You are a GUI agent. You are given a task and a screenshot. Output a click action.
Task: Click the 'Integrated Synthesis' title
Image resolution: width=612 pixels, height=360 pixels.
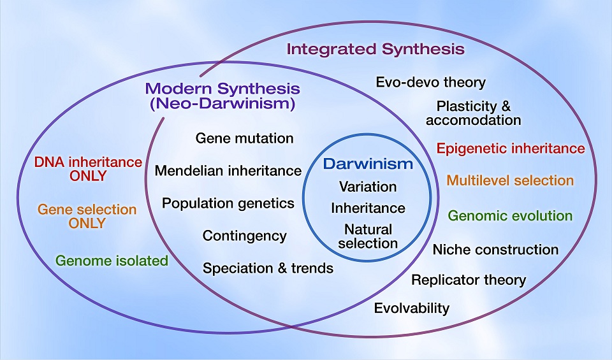click(x=375, y=49)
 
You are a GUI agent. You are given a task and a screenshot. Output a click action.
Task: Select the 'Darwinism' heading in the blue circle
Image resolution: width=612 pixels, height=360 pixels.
click(x=368, y=164)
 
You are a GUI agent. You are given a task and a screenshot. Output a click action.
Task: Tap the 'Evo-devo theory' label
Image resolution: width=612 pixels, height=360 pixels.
click(x=431, y=82)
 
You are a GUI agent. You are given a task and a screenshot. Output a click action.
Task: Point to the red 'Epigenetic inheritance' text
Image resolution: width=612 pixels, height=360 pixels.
click(x=511, y=148)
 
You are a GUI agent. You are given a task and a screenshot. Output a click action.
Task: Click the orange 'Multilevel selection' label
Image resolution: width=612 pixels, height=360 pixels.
click(x=510, y=180)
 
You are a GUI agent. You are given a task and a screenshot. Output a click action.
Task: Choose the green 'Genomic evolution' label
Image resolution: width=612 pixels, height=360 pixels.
click(x=510, y=215)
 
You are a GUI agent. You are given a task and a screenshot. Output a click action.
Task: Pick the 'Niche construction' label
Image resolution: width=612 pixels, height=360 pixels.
click(x=495, y=249)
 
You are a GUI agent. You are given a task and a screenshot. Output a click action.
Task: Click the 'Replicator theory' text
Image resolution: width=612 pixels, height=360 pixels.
click(x=469, y=280)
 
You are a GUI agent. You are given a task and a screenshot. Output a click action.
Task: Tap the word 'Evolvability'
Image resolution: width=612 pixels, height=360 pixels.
click(x=412, y=308)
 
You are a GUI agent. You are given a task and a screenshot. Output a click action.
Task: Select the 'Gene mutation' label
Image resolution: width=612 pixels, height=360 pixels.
click(x=245, y=138)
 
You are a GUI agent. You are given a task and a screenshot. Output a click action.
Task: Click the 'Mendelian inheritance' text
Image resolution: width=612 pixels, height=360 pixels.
click(x=228, y=171)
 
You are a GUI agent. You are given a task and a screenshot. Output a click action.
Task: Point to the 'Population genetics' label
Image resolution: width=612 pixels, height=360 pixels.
click(x=228, y=203)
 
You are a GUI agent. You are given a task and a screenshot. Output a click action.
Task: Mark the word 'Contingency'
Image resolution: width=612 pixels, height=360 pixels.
click(x=245, y=236)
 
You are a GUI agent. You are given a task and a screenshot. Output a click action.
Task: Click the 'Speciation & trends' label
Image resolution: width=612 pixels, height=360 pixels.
click(x=268, y=268)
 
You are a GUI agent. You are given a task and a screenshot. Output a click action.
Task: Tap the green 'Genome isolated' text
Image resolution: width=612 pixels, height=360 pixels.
click(x=112, y=261)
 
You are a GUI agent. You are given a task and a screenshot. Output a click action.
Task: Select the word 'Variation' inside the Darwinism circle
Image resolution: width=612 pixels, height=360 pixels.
click(x=368, y=187)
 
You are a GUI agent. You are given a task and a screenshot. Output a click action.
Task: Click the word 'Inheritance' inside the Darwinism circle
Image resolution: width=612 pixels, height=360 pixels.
click(x=368, y=208)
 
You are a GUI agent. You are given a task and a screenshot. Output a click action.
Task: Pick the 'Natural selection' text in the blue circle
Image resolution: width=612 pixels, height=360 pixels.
click(x=368, y=236)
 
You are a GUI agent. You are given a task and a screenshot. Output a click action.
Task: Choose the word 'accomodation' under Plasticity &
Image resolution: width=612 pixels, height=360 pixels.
click(x=474, y=120)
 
